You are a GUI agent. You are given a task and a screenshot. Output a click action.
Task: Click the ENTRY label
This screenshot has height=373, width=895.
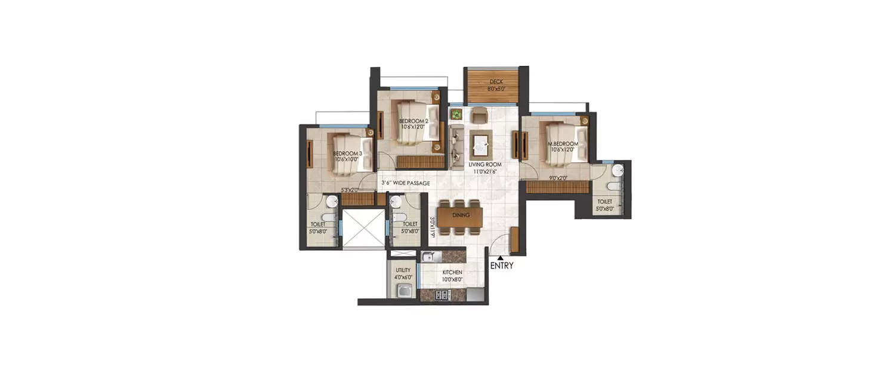[501, 266]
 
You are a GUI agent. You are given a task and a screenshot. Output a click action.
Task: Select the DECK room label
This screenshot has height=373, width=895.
[496, 82]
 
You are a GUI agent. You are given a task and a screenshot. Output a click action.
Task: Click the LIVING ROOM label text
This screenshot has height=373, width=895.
[484, 164]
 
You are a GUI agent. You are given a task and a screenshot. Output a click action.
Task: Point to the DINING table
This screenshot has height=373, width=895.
[461, 215]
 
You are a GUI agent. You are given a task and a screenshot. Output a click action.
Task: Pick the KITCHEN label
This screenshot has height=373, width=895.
[452, 272]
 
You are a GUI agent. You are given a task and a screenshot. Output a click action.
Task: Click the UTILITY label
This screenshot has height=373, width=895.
[403, 270]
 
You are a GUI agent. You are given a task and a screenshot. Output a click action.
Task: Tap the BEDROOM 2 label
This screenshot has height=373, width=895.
[414, 122]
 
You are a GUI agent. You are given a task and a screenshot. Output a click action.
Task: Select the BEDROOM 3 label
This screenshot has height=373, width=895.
[348, 153]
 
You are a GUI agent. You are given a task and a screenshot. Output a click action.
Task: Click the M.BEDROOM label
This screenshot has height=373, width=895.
[563, 144]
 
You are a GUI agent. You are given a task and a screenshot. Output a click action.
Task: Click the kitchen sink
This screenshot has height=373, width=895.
[430, 257]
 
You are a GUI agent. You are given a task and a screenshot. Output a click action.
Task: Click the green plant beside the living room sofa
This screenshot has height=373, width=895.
[456, 113]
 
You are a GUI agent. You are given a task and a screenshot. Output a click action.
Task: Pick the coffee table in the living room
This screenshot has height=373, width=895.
[481, 143]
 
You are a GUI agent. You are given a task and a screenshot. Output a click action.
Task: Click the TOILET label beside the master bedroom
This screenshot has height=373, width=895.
[604, 202]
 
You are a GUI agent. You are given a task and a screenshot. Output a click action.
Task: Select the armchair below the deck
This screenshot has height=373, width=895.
[479, 114]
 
